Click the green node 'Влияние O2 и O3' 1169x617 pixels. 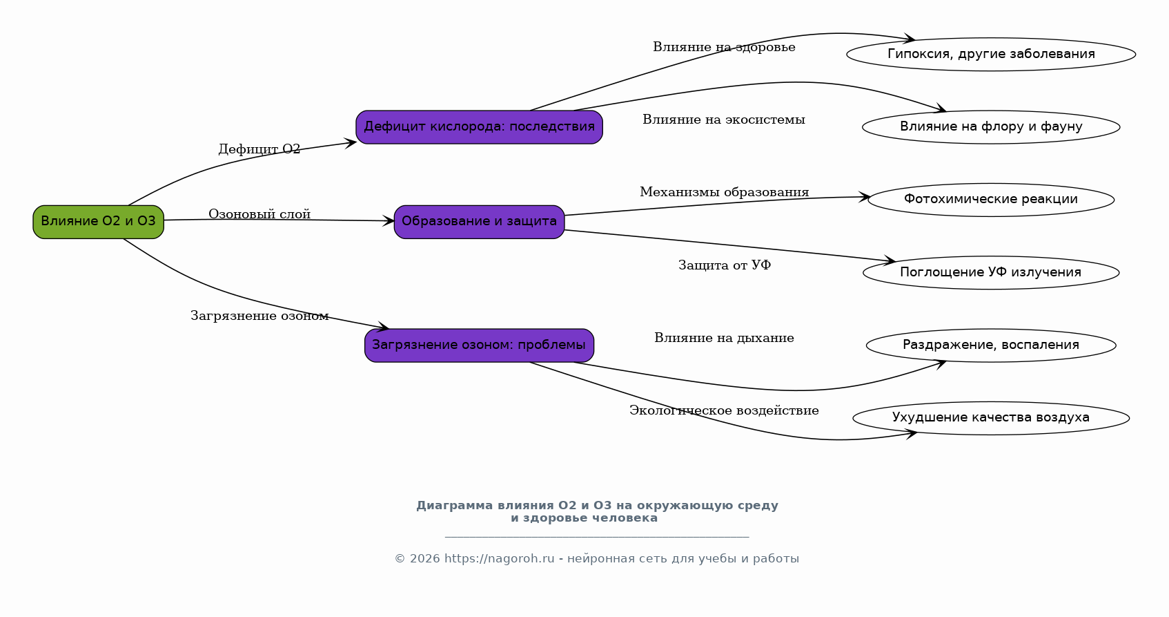(98, 222)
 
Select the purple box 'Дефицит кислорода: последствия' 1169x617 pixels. (479, 127)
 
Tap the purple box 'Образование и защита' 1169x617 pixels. (479, 222)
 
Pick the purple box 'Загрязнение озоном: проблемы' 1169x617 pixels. (479, 345)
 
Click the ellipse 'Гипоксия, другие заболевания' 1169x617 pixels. (990, 55)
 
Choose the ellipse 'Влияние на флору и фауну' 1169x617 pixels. (990, 127)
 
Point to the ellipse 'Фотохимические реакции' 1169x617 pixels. (990, 200)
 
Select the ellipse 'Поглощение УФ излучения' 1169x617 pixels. (990, 273)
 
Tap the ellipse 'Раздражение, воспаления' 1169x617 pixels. (990, 345)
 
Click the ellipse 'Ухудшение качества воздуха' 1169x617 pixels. (990, 418)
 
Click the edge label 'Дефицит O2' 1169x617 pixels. (259, 149)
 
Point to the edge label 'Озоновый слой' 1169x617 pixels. (259, 214)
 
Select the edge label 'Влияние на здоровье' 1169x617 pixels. (724, 47)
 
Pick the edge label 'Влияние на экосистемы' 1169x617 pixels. (724, 120)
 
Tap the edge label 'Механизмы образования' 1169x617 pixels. (724, 192)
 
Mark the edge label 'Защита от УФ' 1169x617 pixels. (724, 265)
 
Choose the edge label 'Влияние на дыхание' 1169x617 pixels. (724, 338)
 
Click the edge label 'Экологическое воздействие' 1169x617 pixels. (724, 410)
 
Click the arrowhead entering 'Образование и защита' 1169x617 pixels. (389, 221)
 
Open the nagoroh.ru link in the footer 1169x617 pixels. (499, 559)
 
